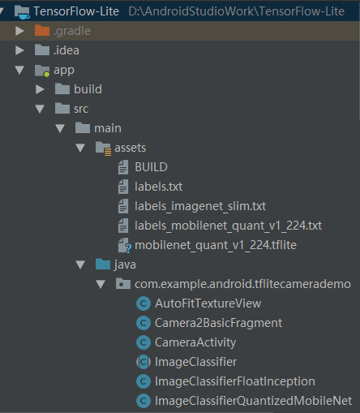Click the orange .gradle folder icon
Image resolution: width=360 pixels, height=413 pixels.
[42, 31]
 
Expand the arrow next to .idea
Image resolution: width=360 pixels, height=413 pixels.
[19, 50]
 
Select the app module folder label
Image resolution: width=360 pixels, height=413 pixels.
[64, 71]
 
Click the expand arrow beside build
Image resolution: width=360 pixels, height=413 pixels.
[40, 89]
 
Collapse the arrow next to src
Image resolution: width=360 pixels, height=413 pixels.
[40, 109]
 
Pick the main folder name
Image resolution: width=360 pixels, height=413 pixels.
[108, 128]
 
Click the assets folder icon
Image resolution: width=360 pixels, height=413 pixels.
[103, 148]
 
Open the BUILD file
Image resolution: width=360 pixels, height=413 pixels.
[151, 167]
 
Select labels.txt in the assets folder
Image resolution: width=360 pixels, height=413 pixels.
[158, 187]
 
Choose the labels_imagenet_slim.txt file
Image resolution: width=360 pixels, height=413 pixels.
[200, 206]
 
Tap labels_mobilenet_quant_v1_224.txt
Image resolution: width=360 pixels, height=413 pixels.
[228, 226]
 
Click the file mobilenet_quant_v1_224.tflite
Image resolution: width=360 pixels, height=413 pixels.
[216, 245]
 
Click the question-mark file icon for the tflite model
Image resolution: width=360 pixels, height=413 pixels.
[124, 245]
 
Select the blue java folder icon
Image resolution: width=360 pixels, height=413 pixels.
[103, 265]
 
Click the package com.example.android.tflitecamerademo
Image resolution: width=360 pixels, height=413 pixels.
[242, 284]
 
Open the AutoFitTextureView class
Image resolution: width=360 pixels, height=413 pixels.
[208, 303]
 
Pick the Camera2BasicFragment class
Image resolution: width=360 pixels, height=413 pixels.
[218, 323]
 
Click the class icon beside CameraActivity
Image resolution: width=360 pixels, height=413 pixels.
[144, 342]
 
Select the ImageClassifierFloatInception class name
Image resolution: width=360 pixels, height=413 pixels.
[235, 381]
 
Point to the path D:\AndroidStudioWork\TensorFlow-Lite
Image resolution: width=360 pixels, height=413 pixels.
[237, 11]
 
